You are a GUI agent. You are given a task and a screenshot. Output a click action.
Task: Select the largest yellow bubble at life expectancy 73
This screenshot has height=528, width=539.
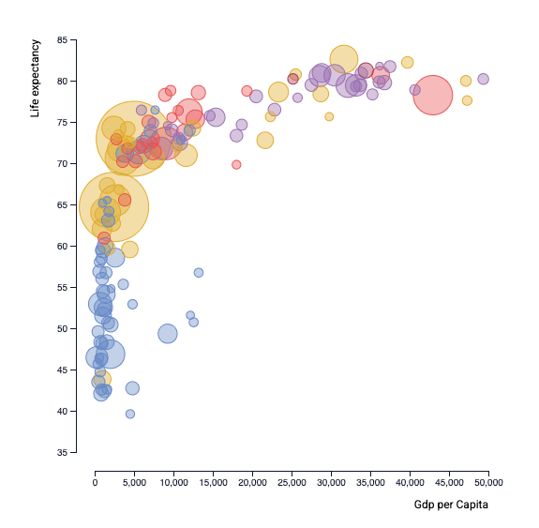point(133,138)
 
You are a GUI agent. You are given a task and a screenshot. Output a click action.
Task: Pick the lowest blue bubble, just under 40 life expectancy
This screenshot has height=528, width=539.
point(130,414)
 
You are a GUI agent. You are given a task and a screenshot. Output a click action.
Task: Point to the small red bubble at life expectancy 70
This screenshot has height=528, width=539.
point(236,164)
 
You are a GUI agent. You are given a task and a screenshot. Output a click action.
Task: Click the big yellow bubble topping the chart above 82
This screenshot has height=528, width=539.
point(344,58)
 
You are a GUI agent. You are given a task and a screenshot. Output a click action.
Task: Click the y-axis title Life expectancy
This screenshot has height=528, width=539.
point(36,78)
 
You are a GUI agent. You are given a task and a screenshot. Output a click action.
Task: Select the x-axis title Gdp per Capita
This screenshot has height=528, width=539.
point(451,505)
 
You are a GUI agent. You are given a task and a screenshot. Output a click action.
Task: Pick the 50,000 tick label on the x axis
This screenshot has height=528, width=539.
point(488,482)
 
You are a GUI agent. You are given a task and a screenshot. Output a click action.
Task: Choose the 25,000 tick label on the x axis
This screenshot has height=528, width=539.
point(292,482)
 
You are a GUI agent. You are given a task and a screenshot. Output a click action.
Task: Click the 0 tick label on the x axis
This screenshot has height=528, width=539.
point(95,482)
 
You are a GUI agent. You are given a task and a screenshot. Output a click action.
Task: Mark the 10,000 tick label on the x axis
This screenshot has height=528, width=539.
point(173,482)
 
